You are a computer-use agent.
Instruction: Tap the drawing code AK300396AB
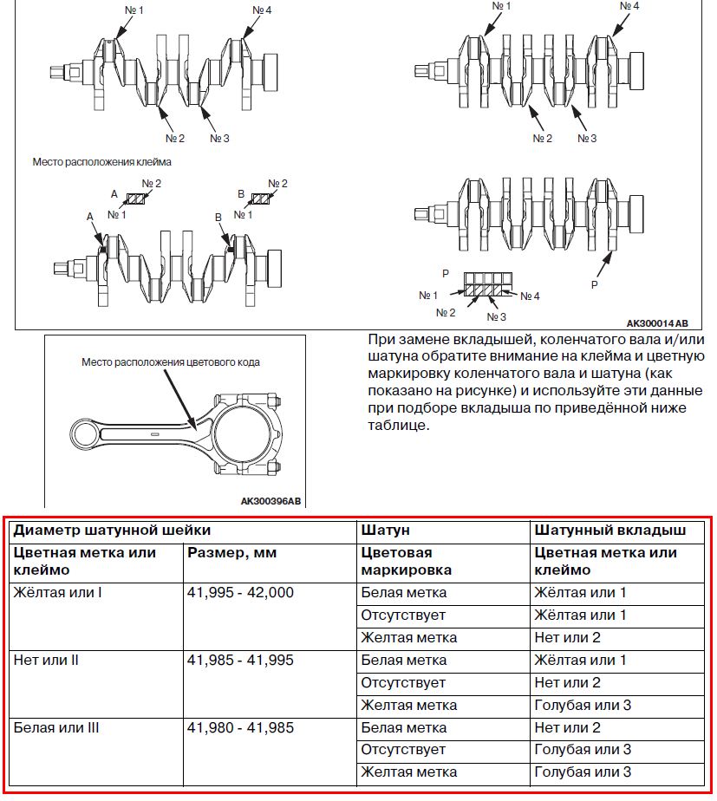(271, 501)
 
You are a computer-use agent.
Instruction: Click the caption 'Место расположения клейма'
(101, 161)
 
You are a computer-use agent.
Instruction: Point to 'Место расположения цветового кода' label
(171, 362)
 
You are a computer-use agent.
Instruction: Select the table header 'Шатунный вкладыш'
(610, 530)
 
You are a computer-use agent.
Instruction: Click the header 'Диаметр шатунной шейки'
(112, 530)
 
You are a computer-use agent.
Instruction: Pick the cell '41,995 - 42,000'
(240, 593)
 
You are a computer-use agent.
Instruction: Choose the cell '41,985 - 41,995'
(240, 661)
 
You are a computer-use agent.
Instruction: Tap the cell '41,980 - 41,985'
(240, 728)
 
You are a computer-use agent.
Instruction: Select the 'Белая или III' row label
(56, 728)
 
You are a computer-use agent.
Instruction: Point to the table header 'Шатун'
(385, 530)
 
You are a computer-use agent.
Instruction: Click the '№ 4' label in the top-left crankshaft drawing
(262, 11)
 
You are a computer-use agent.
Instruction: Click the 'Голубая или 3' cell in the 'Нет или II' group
(583, 706)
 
